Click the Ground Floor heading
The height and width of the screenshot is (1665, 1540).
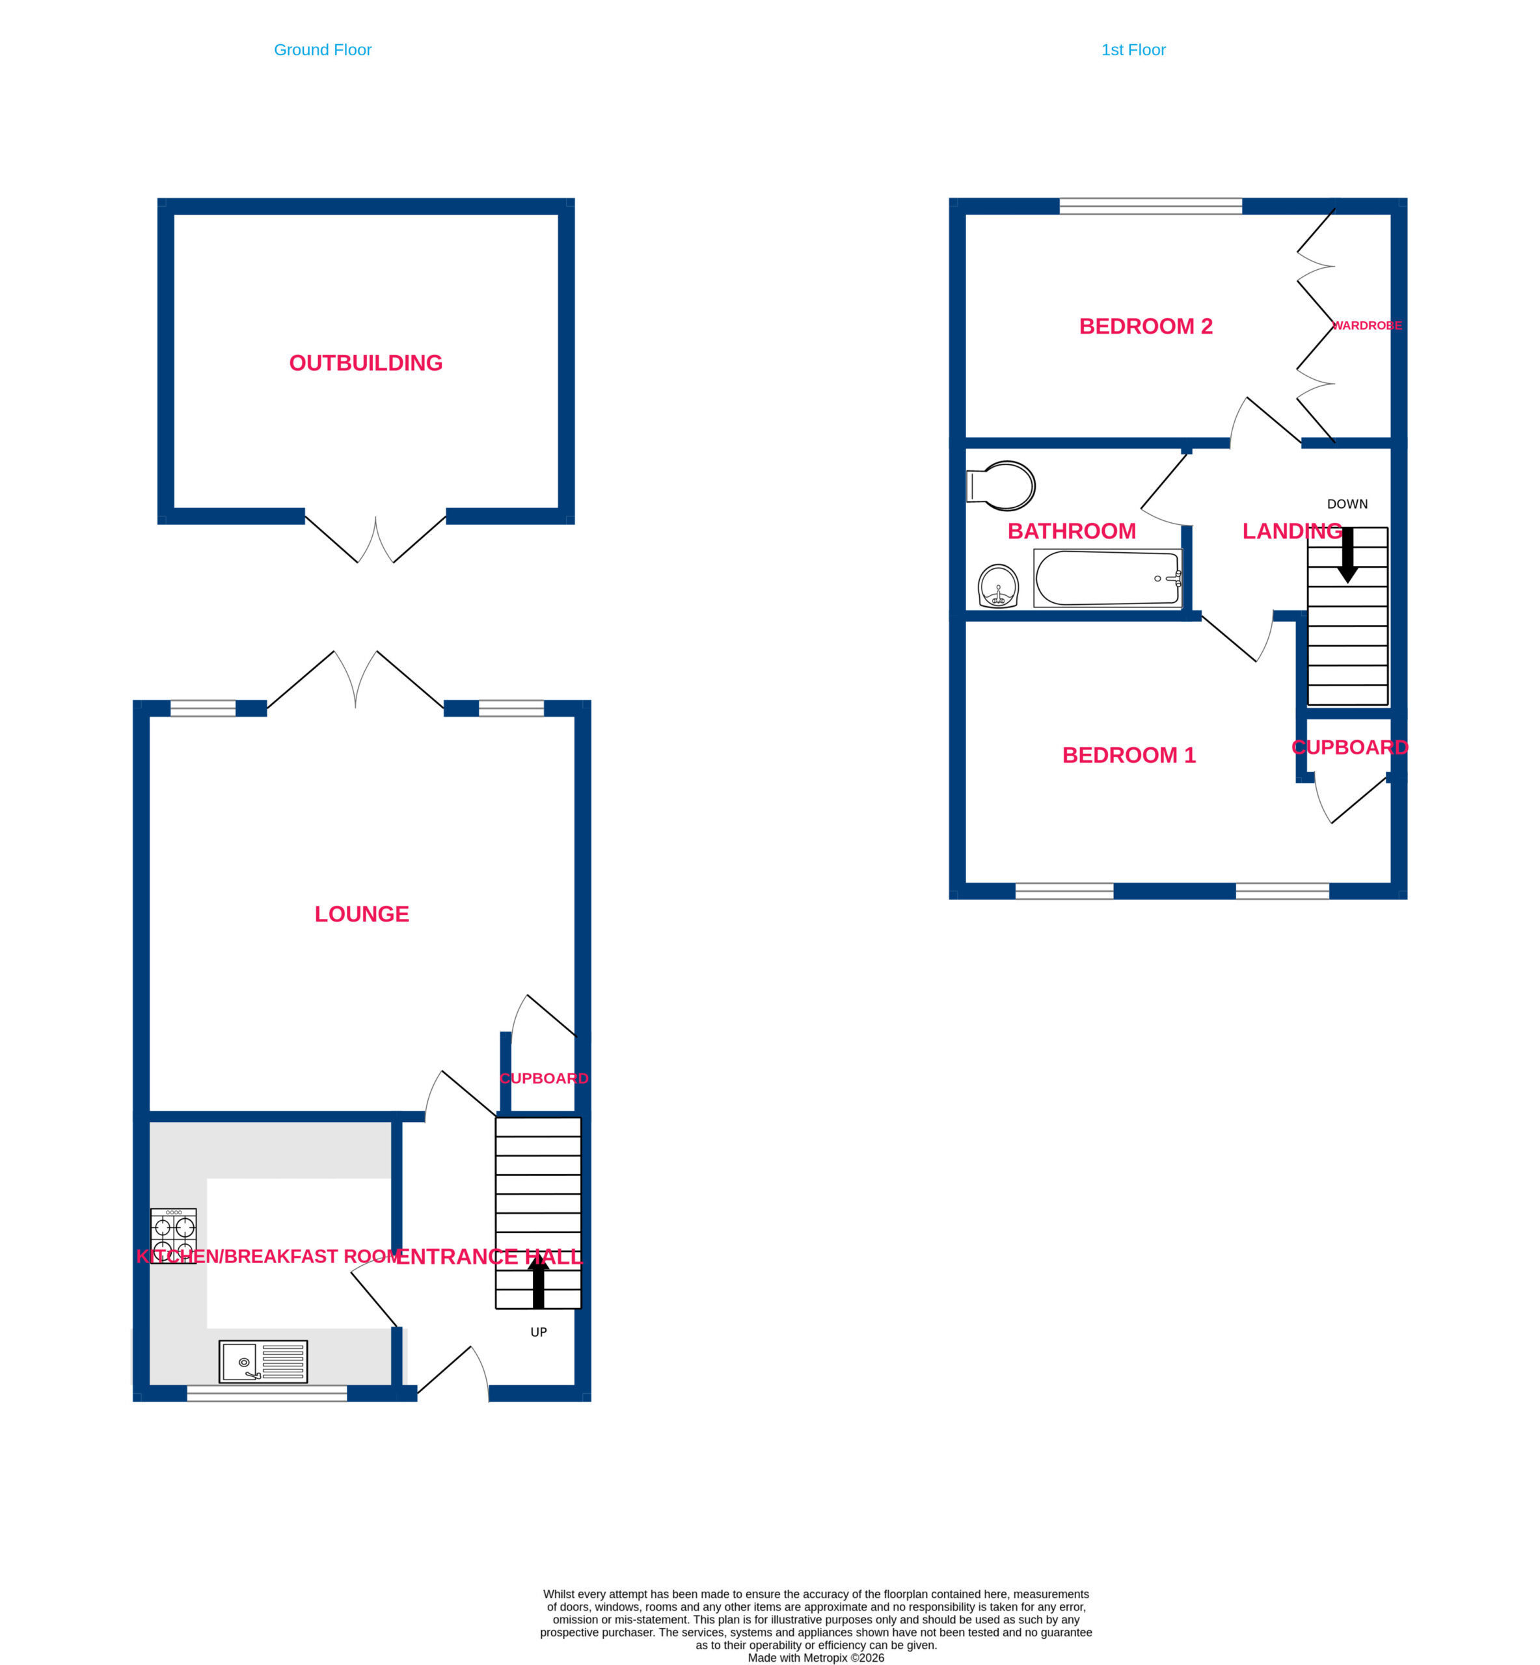pos(323,50)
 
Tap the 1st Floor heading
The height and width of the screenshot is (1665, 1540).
pos(1133,50)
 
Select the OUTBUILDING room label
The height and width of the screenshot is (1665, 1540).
pos(366,363)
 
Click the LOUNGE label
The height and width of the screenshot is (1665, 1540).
pos(362,914)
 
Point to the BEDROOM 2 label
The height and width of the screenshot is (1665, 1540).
pos(1146,326)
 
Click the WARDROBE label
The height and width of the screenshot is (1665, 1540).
pos(1367,326)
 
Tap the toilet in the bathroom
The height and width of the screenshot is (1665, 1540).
pos(1000,486)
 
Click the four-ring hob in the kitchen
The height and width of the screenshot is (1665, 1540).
pos(173,1235)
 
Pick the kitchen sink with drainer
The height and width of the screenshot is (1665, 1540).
pos(263,1361)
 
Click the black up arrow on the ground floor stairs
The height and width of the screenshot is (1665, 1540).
pos(538,1283)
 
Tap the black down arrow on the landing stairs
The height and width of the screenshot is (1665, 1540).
pos(1347,555)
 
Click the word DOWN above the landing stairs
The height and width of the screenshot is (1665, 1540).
pos(1347,504)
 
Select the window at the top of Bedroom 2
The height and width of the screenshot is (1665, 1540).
pos(1151,207)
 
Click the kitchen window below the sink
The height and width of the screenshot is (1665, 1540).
pos(267,1394)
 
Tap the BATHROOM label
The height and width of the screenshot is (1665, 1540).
pos(1072,531)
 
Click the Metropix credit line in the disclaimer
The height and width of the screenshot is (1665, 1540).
pos(816,1657)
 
